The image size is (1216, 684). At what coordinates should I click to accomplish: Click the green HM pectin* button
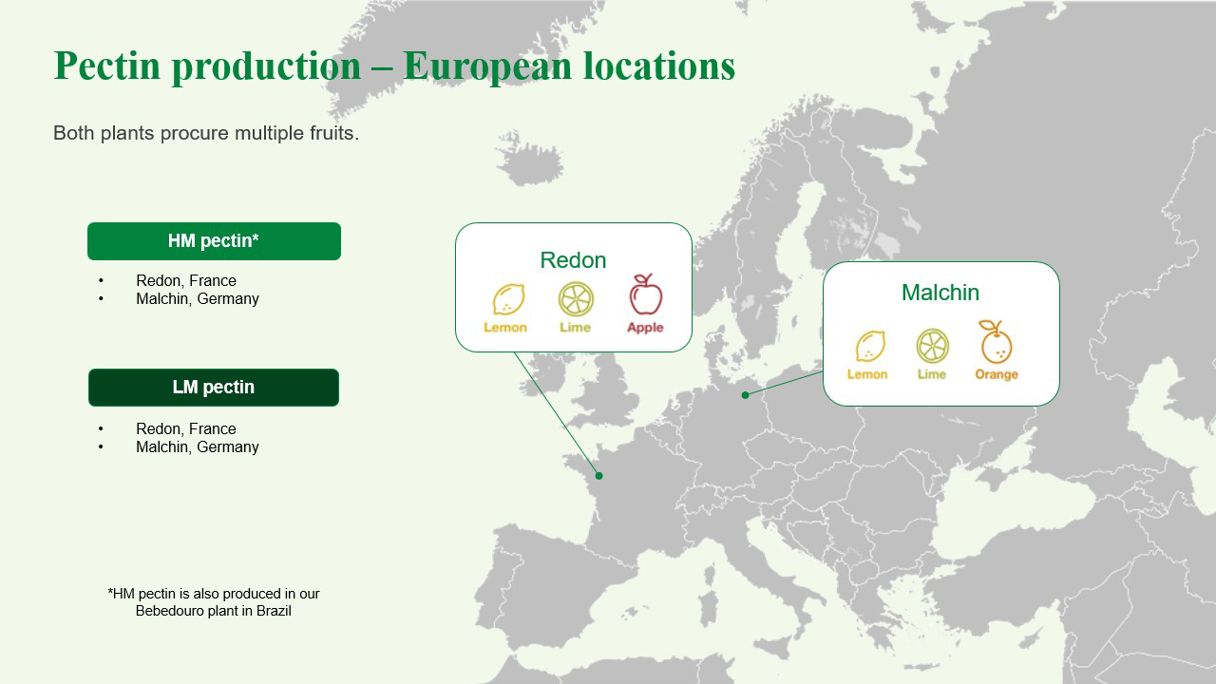click(214, 241)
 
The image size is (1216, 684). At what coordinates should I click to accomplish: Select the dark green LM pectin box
click(214, 388)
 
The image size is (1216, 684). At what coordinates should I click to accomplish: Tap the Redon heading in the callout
click(573, 260)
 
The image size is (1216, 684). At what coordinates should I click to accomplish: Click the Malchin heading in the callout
click(940, 293)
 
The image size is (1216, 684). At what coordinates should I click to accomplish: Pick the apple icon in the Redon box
click(646, 295)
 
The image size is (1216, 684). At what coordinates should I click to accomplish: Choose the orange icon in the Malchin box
click(996, 343)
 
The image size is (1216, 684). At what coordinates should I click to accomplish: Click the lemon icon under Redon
click(507, 299)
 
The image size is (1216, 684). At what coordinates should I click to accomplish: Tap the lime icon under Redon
click(576, 299)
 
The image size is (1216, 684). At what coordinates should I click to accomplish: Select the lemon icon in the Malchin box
click(869, 346)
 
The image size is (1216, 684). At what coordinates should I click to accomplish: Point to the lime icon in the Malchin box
click(932, 346)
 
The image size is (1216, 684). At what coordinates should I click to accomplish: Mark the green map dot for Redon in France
click(598, 476)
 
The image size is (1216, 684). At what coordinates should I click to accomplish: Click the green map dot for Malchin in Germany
click(746, 395)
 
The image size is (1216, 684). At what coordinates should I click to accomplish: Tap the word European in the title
click(486, 66)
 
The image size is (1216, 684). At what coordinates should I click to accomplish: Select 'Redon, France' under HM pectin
click(186, 281)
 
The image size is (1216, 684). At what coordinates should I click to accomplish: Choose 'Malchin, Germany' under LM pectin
click(198, 447)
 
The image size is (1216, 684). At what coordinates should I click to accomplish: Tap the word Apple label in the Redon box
click(645, 328)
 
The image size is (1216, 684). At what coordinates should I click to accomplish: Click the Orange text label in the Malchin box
click(997, 374)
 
